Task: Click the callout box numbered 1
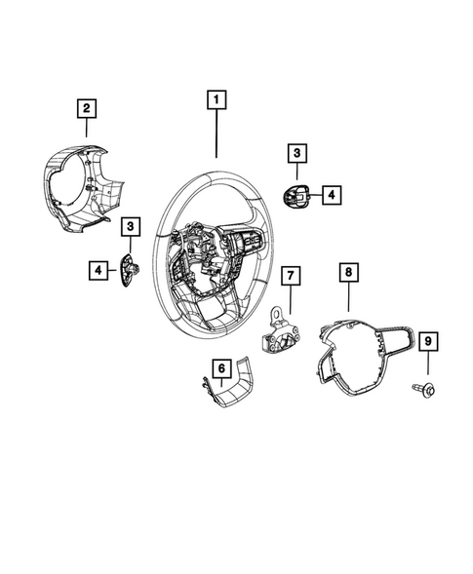click(x=216, y=99)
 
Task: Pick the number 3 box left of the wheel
click(x=130, y=226)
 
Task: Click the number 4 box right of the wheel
click(x=331, y=195)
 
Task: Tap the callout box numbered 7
click(x=290, y=276)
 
